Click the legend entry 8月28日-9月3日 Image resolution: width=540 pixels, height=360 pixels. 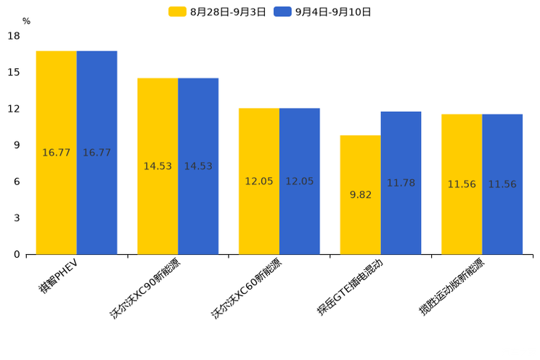(x=218, y=12)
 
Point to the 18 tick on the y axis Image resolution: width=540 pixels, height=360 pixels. (x=14, y=36)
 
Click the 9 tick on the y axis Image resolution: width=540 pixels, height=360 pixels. (x=17, y=145)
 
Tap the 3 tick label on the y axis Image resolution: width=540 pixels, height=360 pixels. (x=17, y=218)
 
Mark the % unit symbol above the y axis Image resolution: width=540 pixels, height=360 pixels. (x=26, y=21)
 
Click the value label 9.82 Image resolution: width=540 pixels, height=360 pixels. (x=361, y=195)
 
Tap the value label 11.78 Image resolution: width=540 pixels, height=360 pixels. (x=401, y=183)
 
